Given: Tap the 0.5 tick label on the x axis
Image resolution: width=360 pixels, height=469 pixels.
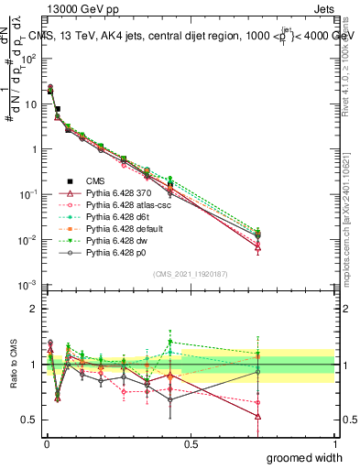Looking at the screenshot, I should (191, 443).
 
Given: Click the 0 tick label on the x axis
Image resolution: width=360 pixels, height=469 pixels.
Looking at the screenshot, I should (46, 443).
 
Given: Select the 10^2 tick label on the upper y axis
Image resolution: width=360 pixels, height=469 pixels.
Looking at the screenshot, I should (29, 58).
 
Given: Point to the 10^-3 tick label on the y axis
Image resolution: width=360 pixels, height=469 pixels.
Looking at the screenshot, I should (28, 286).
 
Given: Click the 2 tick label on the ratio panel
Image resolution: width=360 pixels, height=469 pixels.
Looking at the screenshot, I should (34, 309).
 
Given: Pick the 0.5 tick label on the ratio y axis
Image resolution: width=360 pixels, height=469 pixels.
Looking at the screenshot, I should (30, 420).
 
